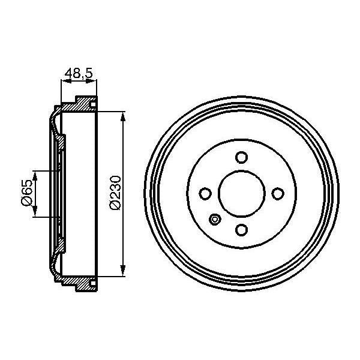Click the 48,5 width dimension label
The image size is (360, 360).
coord(78,74)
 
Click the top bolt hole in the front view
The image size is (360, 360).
coord(241,157)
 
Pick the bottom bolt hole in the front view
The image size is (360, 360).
coord(241,230)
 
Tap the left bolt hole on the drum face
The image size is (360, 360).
coord(205,194)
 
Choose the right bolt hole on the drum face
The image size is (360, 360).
coord(277,194)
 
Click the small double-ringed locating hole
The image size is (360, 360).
coord(215,220)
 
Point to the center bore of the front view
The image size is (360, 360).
coord(241,194)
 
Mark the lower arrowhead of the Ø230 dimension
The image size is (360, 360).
coord(123,271)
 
